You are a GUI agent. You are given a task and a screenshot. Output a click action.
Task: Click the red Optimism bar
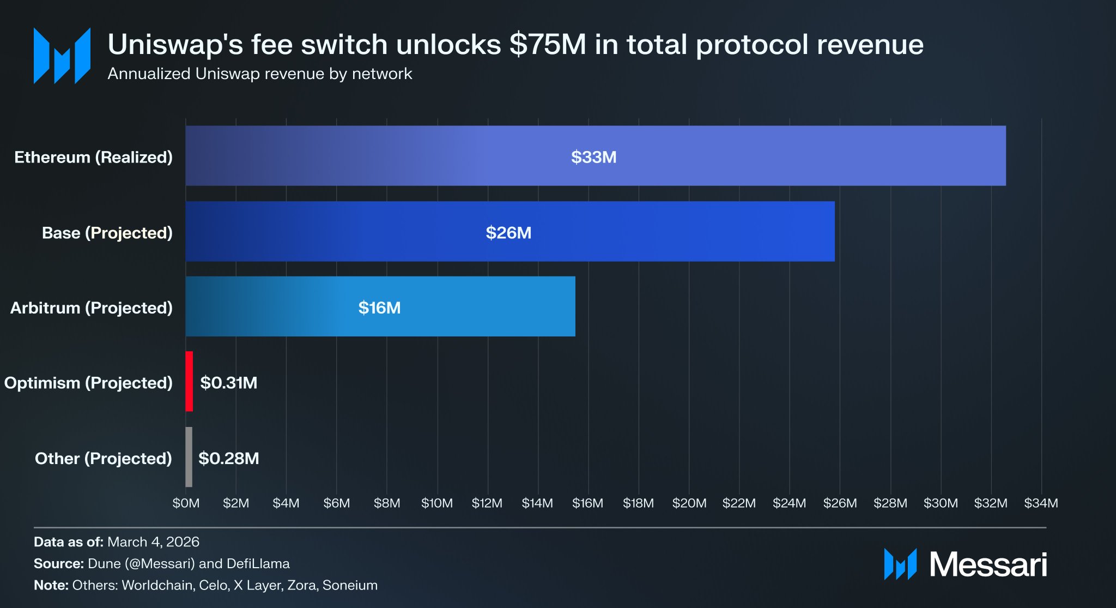click(x=189, y=381)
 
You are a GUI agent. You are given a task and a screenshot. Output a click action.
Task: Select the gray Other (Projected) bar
click(x=189, y=457)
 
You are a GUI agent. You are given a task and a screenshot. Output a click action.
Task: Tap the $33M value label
click(x=593, y=157)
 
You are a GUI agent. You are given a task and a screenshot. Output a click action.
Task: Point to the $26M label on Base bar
click(x=508, y=233)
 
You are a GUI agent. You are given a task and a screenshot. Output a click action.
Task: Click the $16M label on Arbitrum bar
click(x=379, y=308)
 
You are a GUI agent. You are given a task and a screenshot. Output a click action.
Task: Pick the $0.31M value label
click(x=229, y=383)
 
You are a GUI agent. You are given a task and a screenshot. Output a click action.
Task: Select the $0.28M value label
click(x=229, y=458)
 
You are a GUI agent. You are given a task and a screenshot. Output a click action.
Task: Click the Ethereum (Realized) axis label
click(x=93, y=157)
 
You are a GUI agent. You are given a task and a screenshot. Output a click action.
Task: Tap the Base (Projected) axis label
click(x=107, y=233)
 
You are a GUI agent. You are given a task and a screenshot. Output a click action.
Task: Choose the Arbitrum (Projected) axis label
click(x=92, y=308)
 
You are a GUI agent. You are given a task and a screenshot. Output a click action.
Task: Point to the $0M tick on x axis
click(x=186, y=503)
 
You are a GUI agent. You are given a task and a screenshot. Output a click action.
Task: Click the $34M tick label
click(x=1041, y=503)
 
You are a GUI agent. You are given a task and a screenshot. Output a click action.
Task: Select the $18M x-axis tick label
click(x=638, y=503)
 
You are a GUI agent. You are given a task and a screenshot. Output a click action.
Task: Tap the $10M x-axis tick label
click(x=437, y=503)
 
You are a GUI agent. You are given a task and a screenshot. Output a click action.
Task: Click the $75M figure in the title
click(x=548, y=45)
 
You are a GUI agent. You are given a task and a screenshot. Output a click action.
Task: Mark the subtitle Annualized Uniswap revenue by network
click(x=260, y=74)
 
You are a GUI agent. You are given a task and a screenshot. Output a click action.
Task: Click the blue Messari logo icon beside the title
click(x=62, y=56)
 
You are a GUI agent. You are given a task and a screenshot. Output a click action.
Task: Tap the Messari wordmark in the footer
click(x=988, y=564)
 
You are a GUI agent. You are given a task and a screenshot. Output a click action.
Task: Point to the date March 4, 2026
click(x=154, y=542)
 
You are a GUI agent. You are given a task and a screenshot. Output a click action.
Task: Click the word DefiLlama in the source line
click(x=258, y=563)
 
